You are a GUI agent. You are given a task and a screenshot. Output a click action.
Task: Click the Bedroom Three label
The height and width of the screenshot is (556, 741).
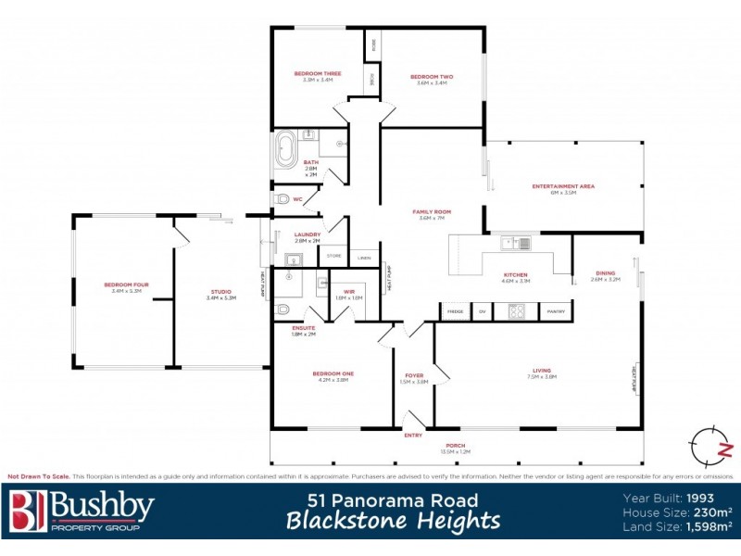pos(318,73)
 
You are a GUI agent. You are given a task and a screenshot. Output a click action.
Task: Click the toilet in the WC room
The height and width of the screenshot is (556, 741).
pos(283,198)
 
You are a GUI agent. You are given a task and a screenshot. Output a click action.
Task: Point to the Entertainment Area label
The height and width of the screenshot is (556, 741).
pos(563,186)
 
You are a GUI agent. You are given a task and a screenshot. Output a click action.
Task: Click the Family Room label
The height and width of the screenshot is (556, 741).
pos(432,212)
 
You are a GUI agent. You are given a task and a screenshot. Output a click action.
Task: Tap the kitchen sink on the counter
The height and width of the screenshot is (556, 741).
pos(517,244)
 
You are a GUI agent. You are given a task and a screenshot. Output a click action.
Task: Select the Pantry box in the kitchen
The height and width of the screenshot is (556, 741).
pos(556,311)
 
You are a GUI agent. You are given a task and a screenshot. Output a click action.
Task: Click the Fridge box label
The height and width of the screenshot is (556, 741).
pos(455,311)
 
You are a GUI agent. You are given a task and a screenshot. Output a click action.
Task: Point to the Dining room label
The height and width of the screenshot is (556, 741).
pos(605,272)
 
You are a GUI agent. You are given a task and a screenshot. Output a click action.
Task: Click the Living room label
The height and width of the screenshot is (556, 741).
pos(541,371)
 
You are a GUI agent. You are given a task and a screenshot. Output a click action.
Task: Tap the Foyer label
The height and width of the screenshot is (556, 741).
pos(414,375)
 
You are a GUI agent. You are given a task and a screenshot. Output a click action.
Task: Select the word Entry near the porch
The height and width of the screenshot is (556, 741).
pos(412,436)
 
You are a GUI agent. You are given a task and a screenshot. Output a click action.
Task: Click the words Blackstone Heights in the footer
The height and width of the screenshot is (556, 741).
pos(393,521)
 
